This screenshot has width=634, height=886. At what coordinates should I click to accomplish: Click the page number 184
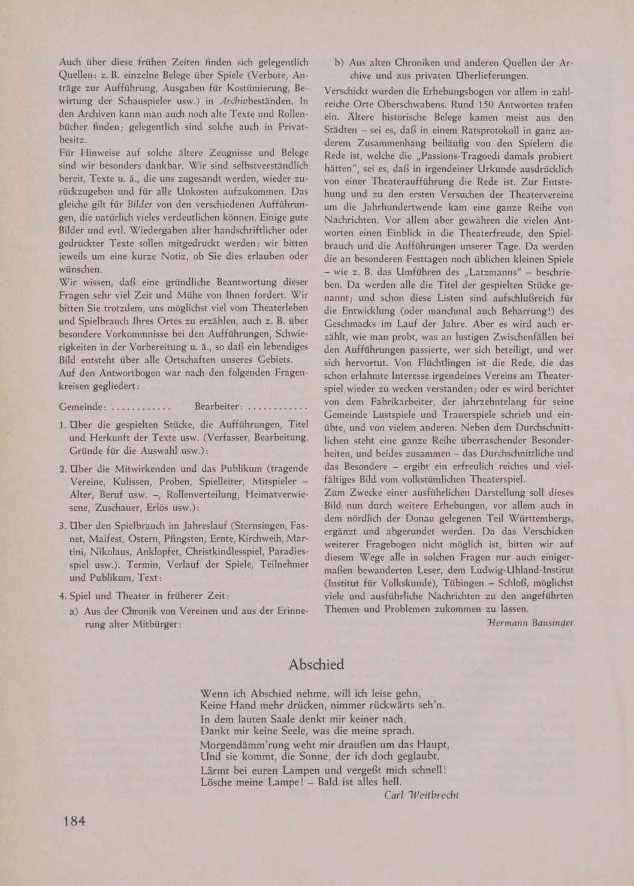tap(74, 821)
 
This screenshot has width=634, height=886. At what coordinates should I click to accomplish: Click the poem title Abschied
tap(316, 664)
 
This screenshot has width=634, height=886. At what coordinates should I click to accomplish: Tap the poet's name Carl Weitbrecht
tap(421, 795)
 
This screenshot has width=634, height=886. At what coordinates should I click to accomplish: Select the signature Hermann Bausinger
tap(531, 622)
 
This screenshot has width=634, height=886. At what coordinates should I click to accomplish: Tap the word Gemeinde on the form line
tap(82, 407)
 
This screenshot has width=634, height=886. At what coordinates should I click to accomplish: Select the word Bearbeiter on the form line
tap(218, 407)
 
